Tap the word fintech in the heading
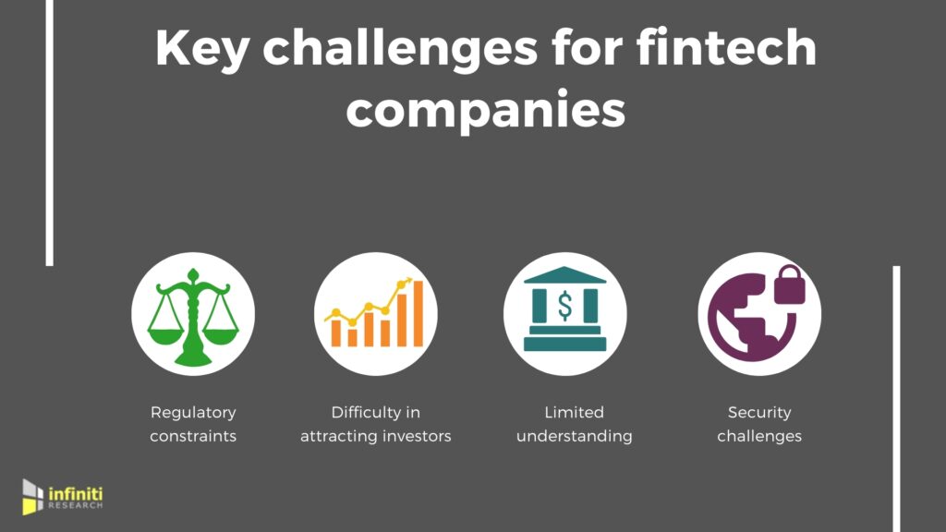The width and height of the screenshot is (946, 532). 726,47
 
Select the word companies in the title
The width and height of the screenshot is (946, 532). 486,111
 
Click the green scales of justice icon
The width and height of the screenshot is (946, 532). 193,317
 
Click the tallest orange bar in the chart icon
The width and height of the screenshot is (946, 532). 418,314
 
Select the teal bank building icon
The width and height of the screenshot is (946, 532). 564,308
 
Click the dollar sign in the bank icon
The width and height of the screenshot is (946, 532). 564,305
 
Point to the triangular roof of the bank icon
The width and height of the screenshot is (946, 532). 564,274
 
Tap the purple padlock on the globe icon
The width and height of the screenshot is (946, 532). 790,284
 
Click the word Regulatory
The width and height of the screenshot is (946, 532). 193,413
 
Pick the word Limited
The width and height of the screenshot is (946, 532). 574,412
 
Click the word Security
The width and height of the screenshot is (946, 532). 759,413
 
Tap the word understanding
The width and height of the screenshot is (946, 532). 575,437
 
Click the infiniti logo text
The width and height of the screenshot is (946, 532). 76,498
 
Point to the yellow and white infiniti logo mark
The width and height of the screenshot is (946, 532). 32,497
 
